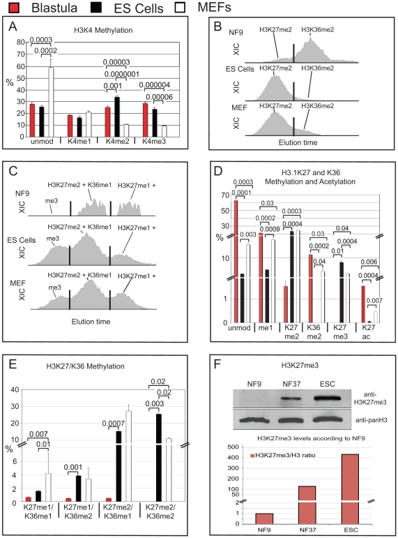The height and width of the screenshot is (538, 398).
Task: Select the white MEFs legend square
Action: [180, 7]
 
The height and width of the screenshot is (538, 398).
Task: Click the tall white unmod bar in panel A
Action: [51, 102]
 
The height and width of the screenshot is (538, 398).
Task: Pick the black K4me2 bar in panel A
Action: [117, 117]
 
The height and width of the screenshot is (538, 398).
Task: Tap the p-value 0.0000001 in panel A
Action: [122, 74]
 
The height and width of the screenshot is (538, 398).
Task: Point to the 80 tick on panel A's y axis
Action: [21, 42]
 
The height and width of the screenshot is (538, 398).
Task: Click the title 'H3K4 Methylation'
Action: [103, 30]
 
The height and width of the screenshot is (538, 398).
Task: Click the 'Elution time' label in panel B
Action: [298, 142]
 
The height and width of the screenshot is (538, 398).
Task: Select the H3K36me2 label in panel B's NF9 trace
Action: [317, 30]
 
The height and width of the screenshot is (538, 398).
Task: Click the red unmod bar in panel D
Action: [236, 262]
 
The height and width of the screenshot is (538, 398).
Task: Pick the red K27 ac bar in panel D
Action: [363, 304]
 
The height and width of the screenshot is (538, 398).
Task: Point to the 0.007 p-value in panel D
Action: [374, 301]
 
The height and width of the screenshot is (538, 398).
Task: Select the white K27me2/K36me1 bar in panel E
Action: [128, 456]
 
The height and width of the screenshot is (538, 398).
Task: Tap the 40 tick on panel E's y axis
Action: [15, 390]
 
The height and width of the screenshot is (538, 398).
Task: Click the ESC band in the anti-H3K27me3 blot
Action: [328, 398]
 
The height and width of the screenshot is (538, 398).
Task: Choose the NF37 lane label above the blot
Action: [291, 384]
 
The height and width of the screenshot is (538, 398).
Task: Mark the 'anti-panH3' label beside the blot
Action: [372, 419]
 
